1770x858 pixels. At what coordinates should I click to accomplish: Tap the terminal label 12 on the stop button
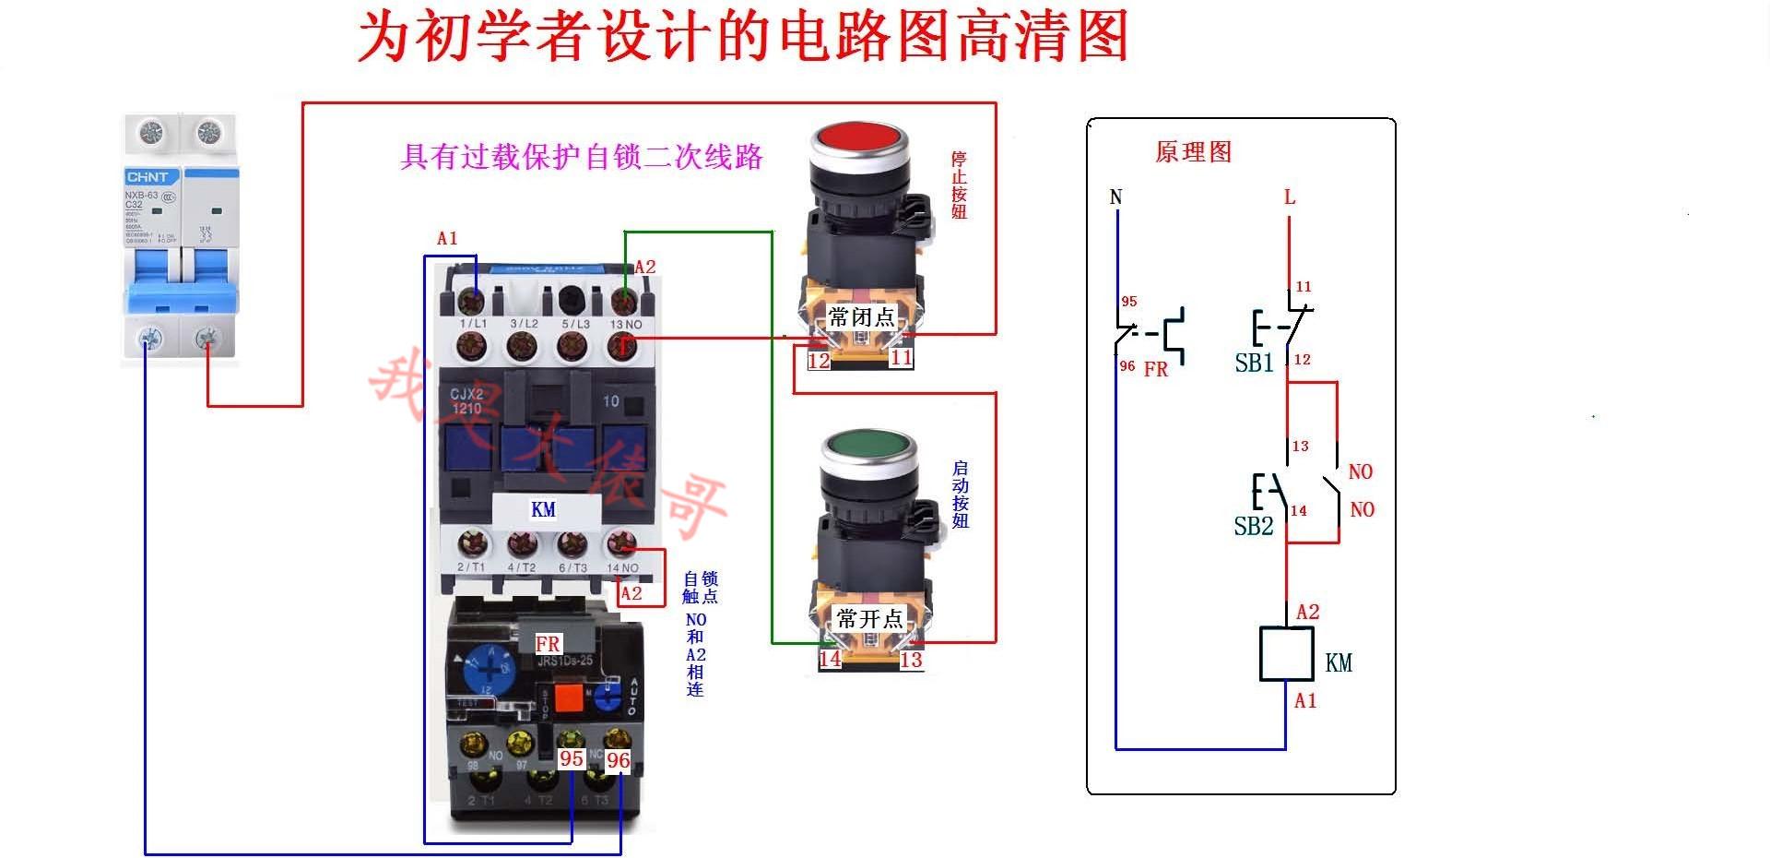(x=819, y=361)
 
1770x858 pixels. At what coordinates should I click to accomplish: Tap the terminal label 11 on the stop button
(x=901, y=358)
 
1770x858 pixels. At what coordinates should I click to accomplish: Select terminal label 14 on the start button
(x=830, y=659)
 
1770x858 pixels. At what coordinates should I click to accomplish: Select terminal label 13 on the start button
(x=911, y=660)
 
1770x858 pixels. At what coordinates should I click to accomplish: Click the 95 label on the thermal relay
(x=572, y=758)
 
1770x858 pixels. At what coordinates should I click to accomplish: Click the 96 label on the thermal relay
(x=618, y=760)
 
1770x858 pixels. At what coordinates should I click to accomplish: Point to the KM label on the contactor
(x=544, y=509)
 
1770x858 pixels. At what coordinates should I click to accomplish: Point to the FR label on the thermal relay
(x=548, y=644)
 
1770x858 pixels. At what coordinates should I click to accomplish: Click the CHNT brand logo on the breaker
(x=147, y=177)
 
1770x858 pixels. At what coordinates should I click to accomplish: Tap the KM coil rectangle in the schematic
(x=1286, y=653)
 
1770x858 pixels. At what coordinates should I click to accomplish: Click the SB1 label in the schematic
(x=1254, y=363)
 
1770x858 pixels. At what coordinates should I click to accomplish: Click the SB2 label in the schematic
(x=1253, y=527)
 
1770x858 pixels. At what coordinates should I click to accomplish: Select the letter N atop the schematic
(x=1116, y=197)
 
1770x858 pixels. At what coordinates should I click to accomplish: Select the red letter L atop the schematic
(x=1290, y=197)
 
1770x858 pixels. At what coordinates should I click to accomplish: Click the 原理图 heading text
(x=1193, y=152)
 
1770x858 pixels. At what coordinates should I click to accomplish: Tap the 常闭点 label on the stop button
(x=861, y=318)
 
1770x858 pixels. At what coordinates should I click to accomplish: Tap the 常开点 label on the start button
(x=868, y=618)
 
